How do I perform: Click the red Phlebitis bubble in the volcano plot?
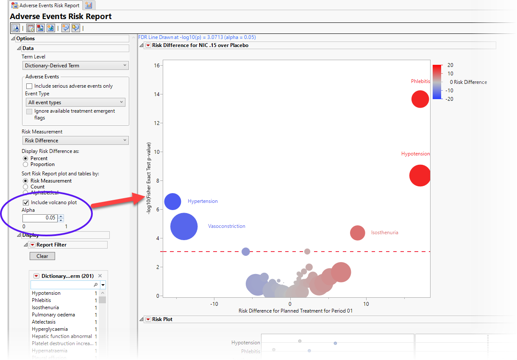(420, 99)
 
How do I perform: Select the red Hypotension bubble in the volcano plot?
(420, 175)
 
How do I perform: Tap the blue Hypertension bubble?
(172, 202)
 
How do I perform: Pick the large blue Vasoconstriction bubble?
(184, 226)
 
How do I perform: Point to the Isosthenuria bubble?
(358, 233)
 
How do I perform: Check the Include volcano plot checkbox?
(26, 202)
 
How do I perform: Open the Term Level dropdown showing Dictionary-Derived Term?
(75, 66)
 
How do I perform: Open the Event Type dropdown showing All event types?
(75, 102)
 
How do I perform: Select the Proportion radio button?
(26, 164)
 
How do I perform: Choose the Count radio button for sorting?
(26, 187)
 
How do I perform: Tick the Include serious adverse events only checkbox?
(29, 86)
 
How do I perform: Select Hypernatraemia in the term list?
(49, 351)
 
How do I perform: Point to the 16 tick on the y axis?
(157, 66)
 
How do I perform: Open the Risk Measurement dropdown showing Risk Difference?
(75, 141)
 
